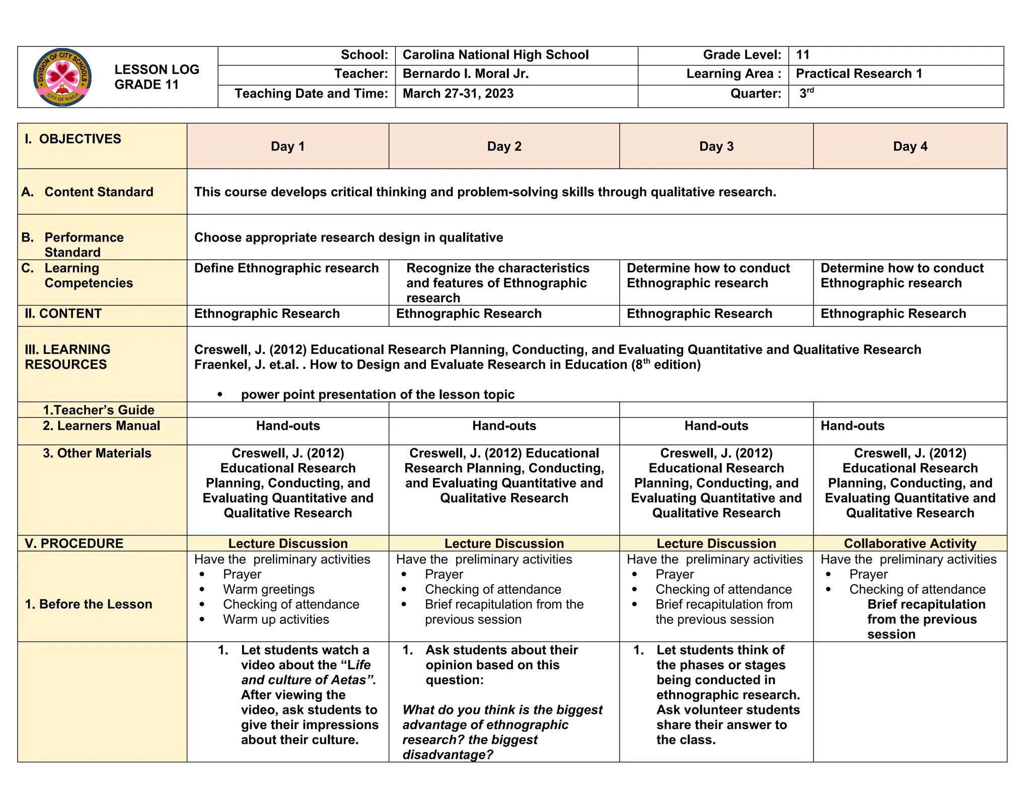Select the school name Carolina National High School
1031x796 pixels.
click(495, 55)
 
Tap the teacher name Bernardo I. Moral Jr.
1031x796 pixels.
click(465, 74)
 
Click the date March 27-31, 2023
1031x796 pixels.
click(458, 94)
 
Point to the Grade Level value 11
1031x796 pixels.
click(802, 55)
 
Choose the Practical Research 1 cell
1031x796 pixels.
click(858, 74)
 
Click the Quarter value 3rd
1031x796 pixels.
click(806, 93)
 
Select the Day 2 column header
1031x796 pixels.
click(504, 146)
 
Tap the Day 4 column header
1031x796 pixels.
click(910, 146)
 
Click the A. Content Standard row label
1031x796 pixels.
click(88, 192)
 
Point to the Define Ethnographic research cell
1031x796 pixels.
click(286, 268)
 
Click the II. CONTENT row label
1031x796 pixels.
click(63, 314)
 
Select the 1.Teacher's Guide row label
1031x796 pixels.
click(98, 410)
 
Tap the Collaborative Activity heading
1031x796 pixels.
click(910, 543)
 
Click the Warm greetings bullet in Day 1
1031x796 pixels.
click(268, 589)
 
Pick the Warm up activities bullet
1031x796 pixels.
click(276, 619)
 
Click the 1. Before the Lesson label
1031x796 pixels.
click(89, 604)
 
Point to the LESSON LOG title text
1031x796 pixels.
click(157, 70)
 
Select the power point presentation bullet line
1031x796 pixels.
click(377, 394)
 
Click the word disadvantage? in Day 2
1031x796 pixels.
click(448, 755)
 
